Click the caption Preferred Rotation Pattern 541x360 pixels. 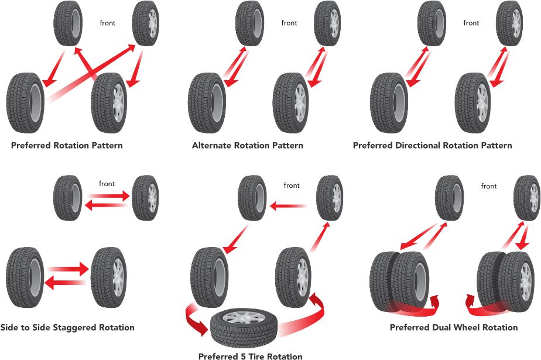coord(67,145)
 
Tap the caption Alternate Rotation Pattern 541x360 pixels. coord(248,145)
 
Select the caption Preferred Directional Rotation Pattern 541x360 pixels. coord(432,145)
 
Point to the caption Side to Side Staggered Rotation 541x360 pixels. coord(67,327)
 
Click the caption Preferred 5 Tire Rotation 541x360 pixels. coord(250,355)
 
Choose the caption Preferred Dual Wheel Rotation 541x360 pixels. coord(454,327)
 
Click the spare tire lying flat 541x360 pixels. coord(243,325)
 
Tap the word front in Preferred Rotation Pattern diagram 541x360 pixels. coord(108,23)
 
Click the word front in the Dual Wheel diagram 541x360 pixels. coord(489,187)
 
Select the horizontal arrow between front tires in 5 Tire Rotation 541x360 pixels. coord(289,205)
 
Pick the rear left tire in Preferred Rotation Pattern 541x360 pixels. coord(26,102)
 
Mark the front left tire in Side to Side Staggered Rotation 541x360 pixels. coord(68,198)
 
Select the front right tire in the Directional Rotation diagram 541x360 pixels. coord(509,23)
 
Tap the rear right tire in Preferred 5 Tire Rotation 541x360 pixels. coord(292,277)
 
